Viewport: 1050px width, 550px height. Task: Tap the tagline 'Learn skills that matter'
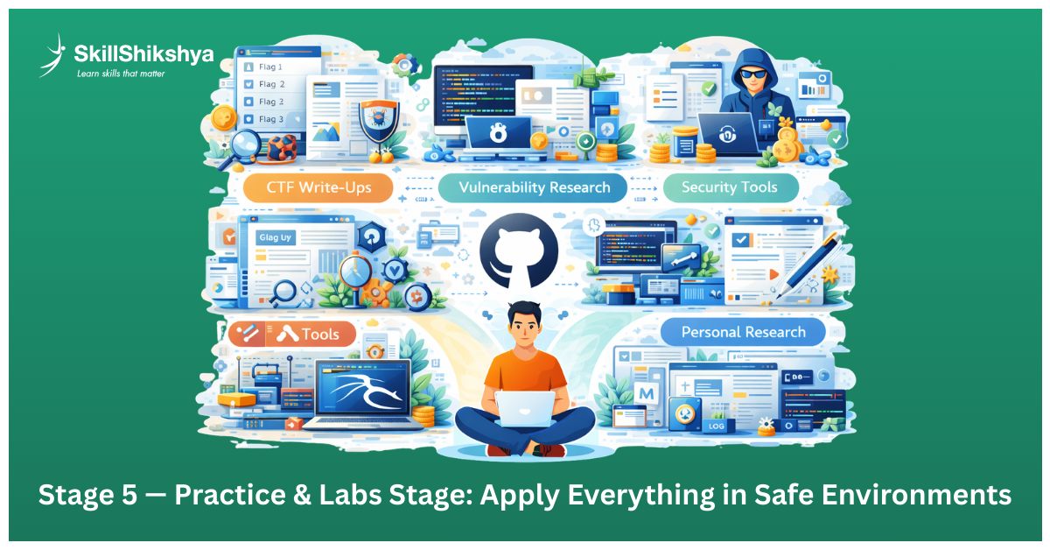click(x=120, y=74)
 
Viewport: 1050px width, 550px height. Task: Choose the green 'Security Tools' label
click(x=729, y=187)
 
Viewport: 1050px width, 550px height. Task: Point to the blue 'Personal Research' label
click(x=742, y=332)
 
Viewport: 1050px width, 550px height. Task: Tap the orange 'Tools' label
click(x=295, y=335)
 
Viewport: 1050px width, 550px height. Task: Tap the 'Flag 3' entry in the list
click(x=270, y=119)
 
